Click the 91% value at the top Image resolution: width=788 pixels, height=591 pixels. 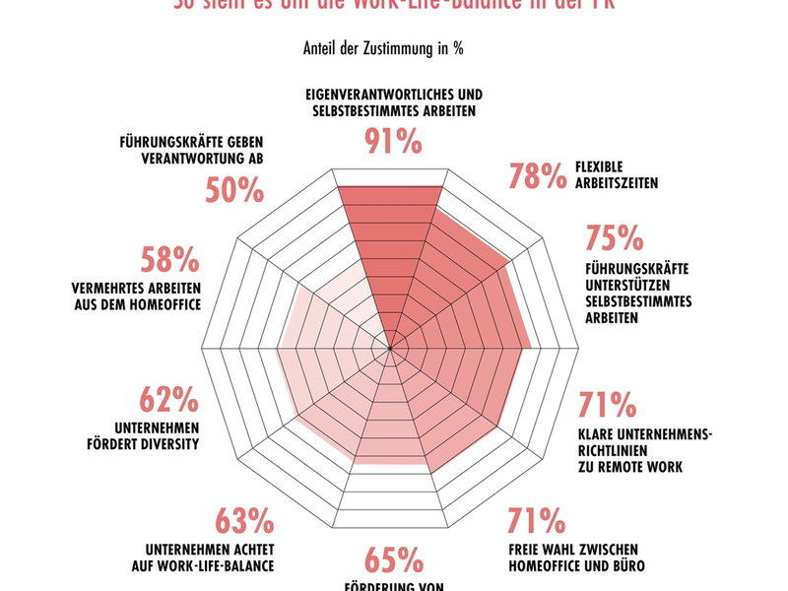tap(393, 142)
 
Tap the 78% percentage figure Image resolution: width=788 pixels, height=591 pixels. tap(539, 175)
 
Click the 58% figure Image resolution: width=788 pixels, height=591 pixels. tap(170, 261)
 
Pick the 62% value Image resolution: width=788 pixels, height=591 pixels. tap(169, 401)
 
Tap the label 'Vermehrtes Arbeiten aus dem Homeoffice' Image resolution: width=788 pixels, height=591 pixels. tap(136, 296)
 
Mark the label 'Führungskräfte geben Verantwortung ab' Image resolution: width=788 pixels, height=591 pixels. tap(189, 149)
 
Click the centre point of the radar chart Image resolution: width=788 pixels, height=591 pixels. tap(390, 348)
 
